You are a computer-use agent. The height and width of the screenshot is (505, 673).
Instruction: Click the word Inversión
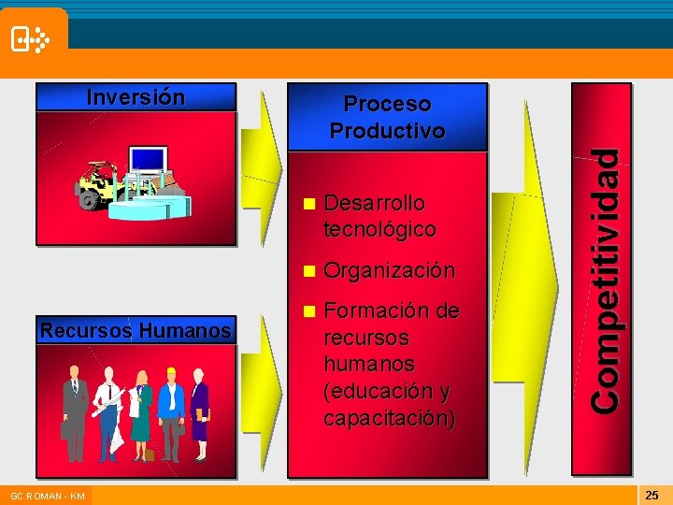[x=136, y=97]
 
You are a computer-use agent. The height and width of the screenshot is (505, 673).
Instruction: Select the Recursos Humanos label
[x=136, y=330]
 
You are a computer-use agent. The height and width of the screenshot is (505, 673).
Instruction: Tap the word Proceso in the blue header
[x=387, y=104]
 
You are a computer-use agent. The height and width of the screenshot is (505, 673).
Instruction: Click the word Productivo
[x=387, y=130]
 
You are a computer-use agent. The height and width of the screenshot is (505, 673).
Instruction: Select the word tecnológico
[x=379, y=229]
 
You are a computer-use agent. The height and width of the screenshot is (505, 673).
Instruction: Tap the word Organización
[x=388, y=270]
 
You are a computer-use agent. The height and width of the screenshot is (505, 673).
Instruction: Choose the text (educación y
[x=386, y=390]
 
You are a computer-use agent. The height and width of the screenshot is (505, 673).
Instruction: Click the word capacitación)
[x=389, y=417]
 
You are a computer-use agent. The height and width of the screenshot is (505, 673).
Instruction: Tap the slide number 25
[x=652, y=494]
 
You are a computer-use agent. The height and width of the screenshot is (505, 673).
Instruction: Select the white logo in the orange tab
[x=29, y=39]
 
